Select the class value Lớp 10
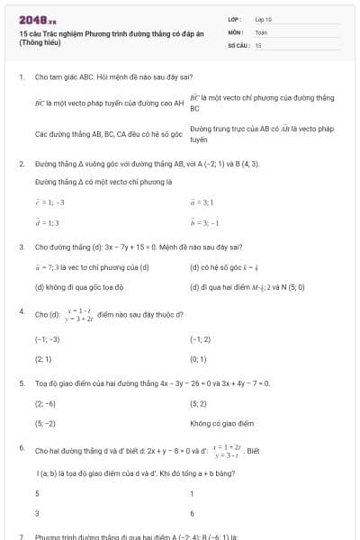263,18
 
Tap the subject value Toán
260,31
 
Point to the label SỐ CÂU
237,44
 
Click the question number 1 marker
21,77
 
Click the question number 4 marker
21,311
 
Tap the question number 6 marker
21,446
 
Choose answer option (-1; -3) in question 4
47,339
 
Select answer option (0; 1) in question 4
199,357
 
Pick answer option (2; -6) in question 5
46,404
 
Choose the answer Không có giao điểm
221,423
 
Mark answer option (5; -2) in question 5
46,423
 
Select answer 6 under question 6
193,513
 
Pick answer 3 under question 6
37,513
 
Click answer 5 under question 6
37,493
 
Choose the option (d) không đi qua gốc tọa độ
78,287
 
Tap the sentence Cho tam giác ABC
63,77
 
